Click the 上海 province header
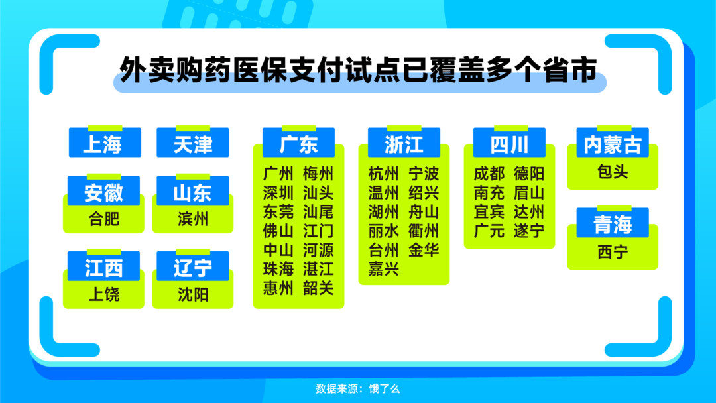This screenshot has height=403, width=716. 105,143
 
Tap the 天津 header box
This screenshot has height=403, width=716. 193,143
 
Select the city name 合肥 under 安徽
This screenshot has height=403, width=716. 103,219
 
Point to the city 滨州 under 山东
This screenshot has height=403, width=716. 193,219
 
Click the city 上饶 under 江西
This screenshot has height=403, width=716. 103,294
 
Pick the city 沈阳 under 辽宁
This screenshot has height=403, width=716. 193,294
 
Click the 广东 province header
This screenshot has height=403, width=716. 298,143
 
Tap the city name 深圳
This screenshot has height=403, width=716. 278,193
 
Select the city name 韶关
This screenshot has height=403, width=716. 318,288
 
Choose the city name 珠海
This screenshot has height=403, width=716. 278,269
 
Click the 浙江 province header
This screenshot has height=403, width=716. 404,143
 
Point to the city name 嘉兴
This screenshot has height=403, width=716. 384,269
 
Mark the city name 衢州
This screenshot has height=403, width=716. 424,231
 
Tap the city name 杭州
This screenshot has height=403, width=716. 384,174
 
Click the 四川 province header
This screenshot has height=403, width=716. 509,143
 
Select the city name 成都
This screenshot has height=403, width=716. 489,174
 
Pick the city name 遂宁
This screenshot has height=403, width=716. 529,231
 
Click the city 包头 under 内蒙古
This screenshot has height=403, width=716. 613,172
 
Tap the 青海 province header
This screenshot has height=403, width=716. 613,223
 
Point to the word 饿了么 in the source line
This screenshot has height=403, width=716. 385,389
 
